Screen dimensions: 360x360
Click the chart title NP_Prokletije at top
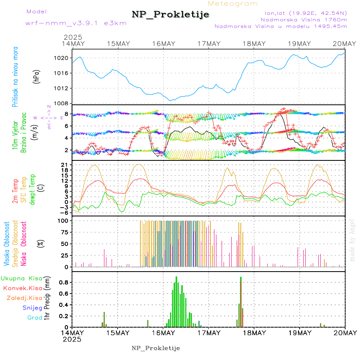pos(170,15)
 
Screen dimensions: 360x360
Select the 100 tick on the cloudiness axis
pos(64,220)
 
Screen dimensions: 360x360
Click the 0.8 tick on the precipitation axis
pos(64,282)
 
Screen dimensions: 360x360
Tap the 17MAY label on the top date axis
pos(208,44)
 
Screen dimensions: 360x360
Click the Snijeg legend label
pos(32,308)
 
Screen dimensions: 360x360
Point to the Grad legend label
pos(34,318)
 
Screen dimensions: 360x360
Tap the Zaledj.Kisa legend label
pos(24,298)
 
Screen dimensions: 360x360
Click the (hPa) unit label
pos(37,76)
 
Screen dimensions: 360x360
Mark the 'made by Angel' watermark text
pos(352,240)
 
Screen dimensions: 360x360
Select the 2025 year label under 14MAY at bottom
pos(72,339)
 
